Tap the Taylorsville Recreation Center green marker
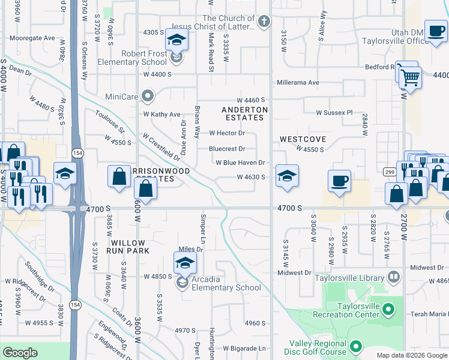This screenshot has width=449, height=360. point(388,310)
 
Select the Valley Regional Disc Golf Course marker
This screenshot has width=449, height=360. point(356,346)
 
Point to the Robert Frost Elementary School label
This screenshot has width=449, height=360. point(144,58)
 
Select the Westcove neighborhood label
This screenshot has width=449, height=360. point(303,139)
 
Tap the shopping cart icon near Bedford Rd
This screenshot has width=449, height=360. point(411,77)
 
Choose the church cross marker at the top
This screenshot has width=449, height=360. point(262,23)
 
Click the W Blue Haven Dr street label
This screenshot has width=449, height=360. point(240,163)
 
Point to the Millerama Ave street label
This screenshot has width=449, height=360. point(297,83)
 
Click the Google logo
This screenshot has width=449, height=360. point(20,353)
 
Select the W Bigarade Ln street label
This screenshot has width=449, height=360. point(244,348)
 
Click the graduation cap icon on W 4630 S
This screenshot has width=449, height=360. point(287,176)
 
